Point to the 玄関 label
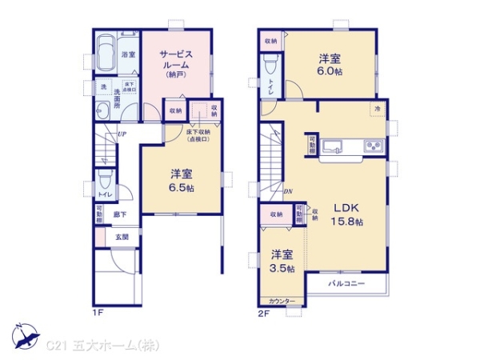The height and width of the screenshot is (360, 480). click(x=122, y=237)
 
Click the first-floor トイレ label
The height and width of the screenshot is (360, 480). click(x=104, y=194)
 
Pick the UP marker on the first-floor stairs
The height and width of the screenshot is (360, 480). click(x=122, y=134)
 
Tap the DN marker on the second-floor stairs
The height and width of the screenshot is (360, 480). click(x=288, y=191)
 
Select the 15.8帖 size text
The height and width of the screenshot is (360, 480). click(x=347, y=221)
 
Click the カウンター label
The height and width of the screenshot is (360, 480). click(x=282, y=302)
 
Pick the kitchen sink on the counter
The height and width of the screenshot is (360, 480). click(x=336, y=146)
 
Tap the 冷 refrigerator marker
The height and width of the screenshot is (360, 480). click(x=376, y=106)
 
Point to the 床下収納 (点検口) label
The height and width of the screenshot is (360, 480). click(x=197, y=135)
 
